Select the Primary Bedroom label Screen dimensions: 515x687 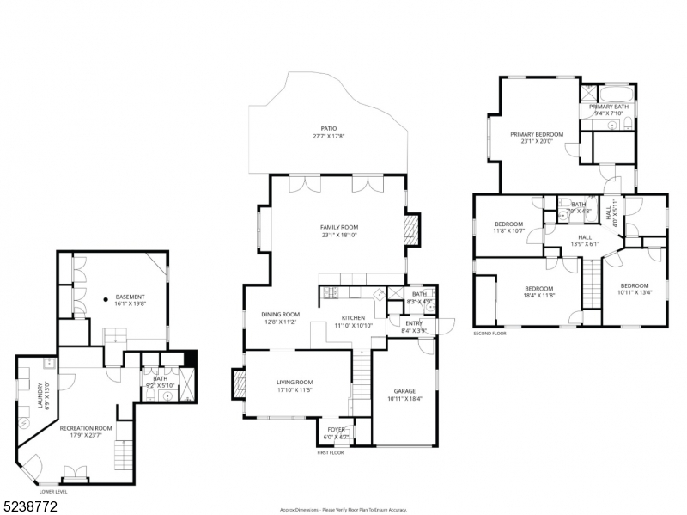click(536, 134)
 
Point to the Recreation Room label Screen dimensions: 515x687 click(86, 427)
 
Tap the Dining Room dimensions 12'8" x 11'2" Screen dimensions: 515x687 click(281, 322)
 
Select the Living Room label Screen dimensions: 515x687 click(295, 382)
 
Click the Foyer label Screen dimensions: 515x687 click(335, 428)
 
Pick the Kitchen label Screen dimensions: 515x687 click(353, 318)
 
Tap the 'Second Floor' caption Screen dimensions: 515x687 click(490, 334)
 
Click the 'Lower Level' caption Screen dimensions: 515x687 click(53, 491)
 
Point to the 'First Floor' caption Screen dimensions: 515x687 click(330, 451)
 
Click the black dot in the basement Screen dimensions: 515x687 click(106, 299)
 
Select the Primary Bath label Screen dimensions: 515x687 click(609, 107)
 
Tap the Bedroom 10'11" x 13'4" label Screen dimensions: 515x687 click(634, 285)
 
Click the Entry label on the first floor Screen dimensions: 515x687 click(413, 323)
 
